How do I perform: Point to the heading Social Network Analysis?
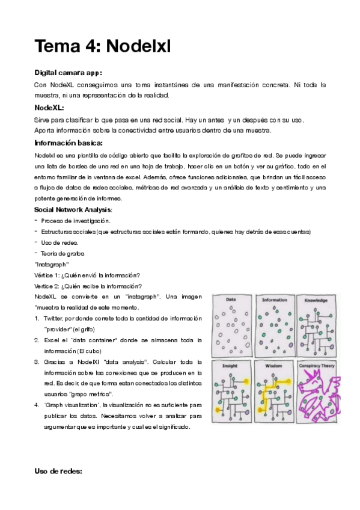(x=73, y=210)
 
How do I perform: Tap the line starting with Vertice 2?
(x=88, y=286)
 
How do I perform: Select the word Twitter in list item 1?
(x=53, y=318)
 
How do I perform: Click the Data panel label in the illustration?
(x=230, y=299)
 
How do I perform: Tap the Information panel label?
(x=274, y=299)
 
